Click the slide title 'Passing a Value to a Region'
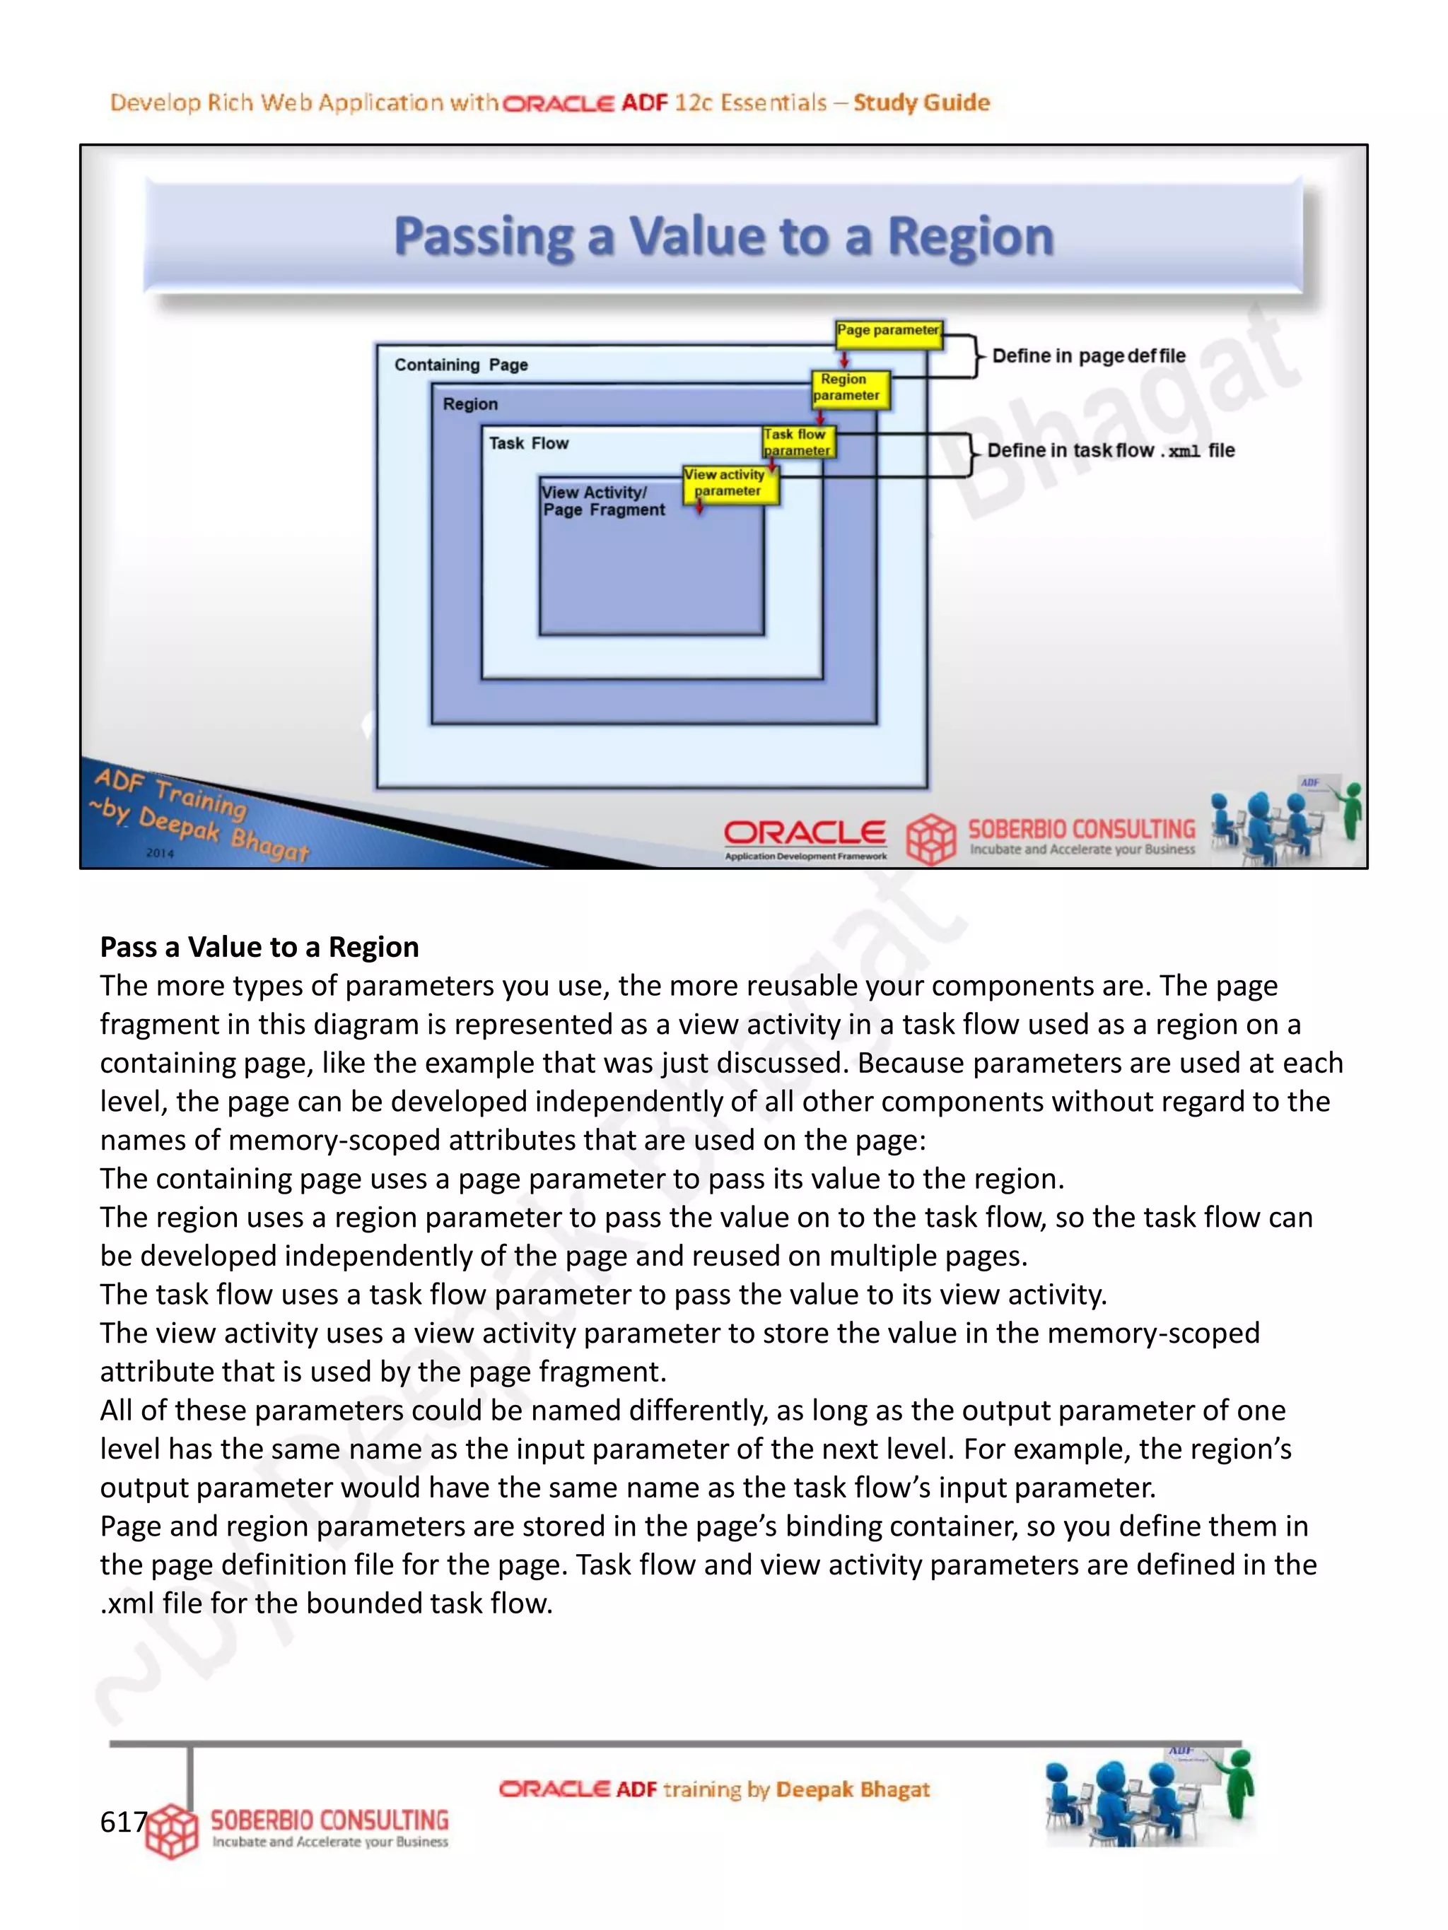(x=723, y=237)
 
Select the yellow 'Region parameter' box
(x=846, y=387)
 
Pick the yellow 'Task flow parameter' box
(x=797, y=442)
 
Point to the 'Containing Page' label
(x=461, y=365)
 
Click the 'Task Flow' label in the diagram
(x=528, y=443)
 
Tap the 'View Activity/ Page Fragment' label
(x=603, y=501)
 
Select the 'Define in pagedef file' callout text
(x=1088, y=356)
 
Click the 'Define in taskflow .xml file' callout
(x=1110, y=451)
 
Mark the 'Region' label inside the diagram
(x=469, y=404)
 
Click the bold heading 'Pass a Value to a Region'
(x=259, y=947)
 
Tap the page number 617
(x=123, y=1821)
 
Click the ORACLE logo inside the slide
(x=804, y=833)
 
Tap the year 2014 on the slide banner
(x=160, y=852)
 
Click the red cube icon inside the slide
(x=930, y=838)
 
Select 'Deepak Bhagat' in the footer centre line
(x=852, y=1789)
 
